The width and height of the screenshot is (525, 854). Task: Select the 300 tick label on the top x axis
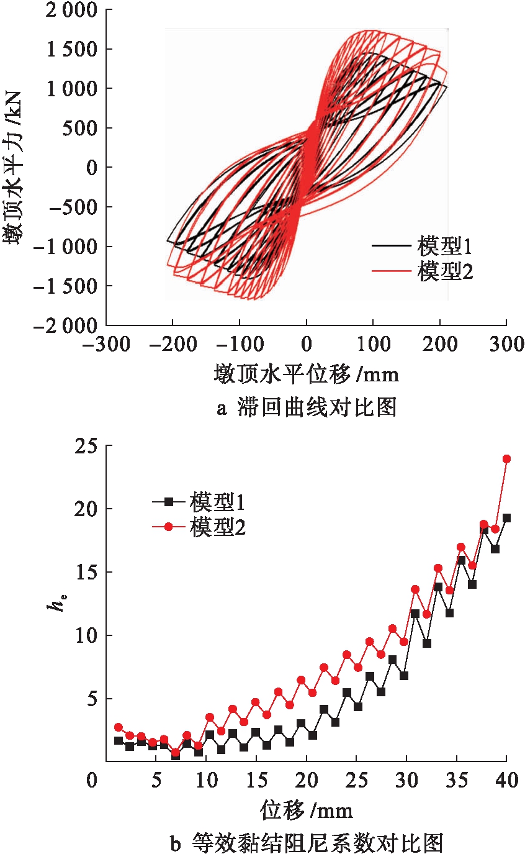click(x=506, y=345)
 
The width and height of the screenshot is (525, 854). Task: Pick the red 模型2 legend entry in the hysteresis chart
click(x=422, y=271)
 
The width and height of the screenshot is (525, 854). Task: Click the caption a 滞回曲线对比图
click(x=306, y=409)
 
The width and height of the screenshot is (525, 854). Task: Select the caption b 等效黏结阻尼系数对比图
click(x=306, y=843)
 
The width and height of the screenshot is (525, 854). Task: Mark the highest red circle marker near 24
click(x=506, y=459)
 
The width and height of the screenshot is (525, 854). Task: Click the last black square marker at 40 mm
click(x=506, y=518)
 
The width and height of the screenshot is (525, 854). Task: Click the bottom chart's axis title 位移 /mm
click(x=306, y=810)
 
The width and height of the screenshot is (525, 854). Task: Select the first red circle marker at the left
click(x=119, y=727)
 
